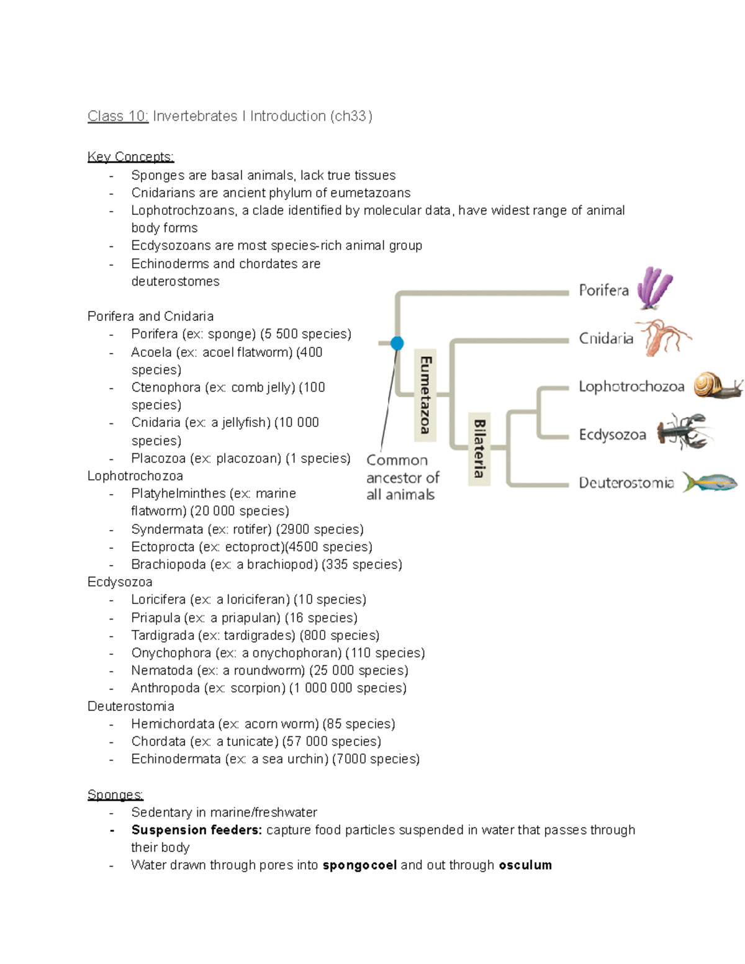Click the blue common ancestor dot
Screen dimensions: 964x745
pyautogui.click(x=397, y=343)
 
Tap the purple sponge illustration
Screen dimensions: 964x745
pyautogui.click(x=656, y=288)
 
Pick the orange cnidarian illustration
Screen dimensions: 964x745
pyautogui.click(x=664, y=337)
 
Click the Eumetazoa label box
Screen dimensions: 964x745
pyautogui.click(x=425, y=395)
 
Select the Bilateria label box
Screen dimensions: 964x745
pyautogui.click(x=479, y=448)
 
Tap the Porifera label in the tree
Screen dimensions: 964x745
pyautogui.click(x=603, y=290)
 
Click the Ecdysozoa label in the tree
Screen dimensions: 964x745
pyautogui.click(x=612, y=435)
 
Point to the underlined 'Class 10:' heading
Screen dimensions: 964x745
pyautogui.click(x=118, y=116)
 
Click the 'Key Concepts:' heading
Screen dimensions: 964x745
pyautogui.click(x=130, y=156)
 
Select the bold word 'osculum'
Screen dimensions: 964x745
pyautogui.click(x=525, y=865)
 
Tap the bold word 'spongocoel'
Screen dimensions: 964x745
pyautogui.click(x=359, y=865)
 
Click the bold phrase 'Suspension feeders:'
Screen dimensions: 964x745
pyautogui.click(x=196, y=830)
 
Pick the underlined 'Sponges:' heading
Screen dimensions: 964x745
pyautogui.click(x=115, y=795)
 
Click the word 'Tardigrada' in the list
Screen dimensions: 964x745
pyautogui.click(x=163, y=635)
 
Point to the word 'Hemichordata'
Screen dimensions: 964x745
pyautogui.click(x=173, y=724)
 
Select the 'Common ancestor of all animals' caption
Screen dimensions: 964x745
pyautogui.click(x=402, y=477)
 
